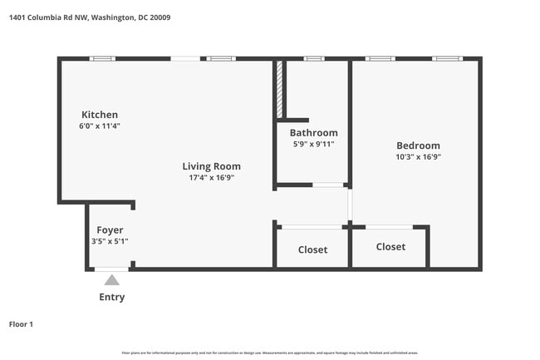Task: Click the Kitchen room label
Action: pyautogui.click(x=100, y=115)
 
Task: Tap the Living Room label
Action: pyautogui.click(x=212, y=166)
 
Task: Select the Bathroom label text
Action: pyautogui.click(x=313, y=133)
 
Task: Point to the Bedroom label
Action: pyautogui.click(x=418, y=145)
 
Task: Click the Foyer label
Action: pyautogui.click(x=110, y=230)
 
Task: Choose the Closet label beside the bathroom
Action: pyautogui.click(x=312, y=249)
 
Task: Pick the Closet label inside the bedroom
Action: pyautogui.click(x=390, y=247)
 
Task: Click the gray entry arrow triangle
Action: pyautogui.click(x=111, y=280)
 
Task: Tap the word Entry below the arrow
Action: pyautogui.click(x=112, y=297)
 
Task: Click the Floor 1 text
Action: pyautogui.click(x=21, y=324)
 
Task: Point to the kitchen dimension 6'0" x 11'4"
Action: pyautogui.click(x=99, y=126)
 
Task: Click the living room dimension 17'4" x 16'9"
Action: pyautogui.click(x=211, y=177)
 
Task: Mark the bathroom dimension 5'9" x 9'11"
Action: pyautogui.click(x=313, y=144)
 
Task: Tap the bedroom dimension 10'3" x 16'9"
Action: pyautogui.click(x=418, y=156)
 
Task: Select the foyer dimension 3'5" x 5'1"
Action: pyautogui.click(x=110, y=241)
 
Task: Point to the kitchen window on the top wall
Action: pyautogui.click(x=102, y=58)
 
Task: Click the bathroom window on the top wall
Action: pyautogui.click(x=313, y=58)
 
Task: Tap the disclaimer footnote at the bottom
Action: pyautogui.click(x=270, y=353)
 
